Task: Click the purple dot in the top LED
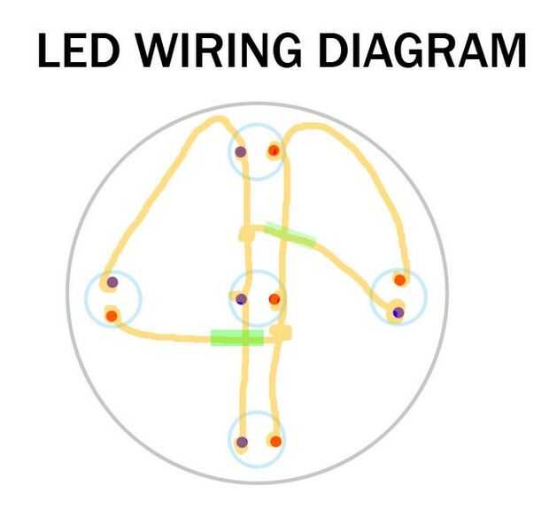(241, 151)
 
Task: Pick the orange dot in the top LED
(274, 151)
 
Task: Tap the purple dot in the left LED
(112, 282)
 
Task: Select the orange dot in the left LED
(112, 314)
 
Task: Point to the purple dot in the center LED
(241, 299)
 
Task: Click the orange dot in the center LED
(274, 299)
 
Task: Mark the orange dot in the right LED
(399, 280)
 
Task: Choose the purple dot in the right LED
(398, 312)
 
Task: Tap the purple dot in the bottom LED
(242, 442)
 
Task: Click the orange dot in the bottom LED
(275, 441)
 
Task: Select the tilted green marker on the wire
(290, 234)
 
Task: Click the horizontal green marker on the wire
(236, 337)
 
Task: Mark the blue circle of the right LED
(419, 297)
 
